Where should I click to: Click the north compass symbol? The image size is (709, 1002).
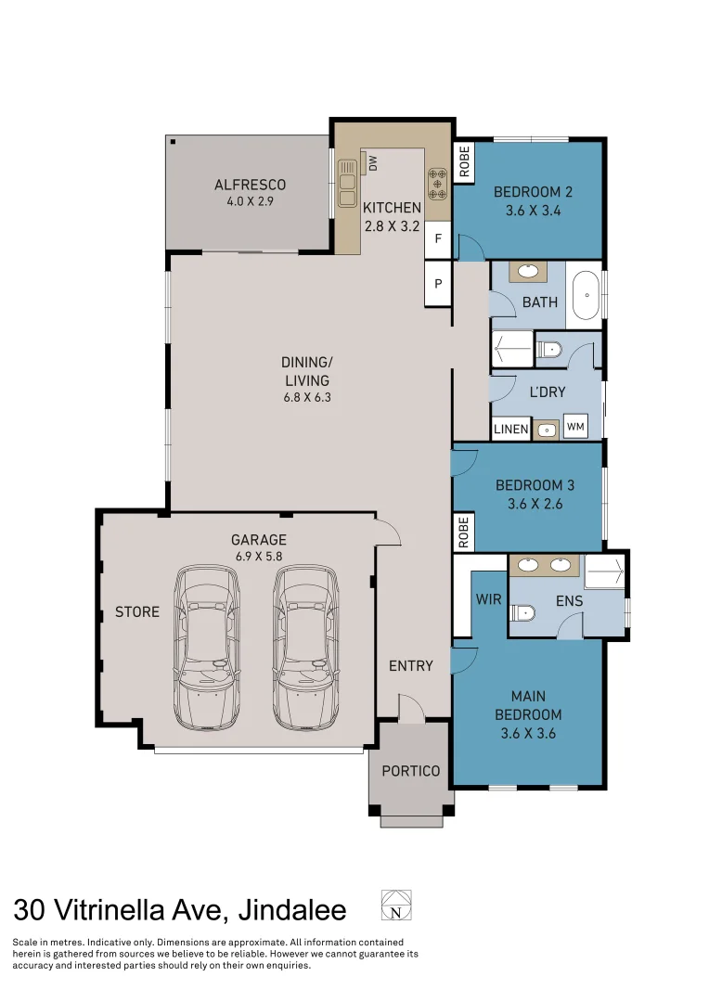pyautogui.click(x=396, y=905)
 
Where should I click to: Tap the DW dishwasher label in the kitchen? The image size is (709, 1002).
pyautogui.click(x=373, y=163)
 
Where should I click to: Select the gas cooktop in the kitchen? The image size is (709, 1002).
pyautogui.click(x=438, y=184)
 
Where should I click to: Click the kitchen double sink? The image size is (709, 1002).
pyautogui.click(x=347, y=183)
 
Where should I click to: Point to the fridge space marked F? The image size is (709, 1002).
pyautogui.click(x=439, y=239)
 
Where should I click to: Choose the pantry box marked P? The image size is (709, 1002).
pyautogui.click(x=439, y=283)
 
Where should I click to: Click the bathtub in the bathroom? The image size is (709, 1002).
pyautogui.click(x=586, y=296)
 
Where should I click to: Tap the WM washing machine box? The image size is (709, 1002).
pyautogui.click(x=575, y=426)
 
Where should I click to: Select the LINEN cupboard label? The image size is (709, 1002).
pyautogui.click(x=510, y=429)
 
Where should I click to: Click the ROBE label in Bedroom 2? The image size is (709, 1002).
pyautogui.click(x=464, y=161)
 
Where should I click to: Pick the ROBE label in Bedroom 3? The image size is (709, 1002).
pyautogui.click(x=463, y=532)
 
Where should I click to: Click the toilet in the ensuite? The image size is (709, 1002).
pyautogui.click(x=522, y=613)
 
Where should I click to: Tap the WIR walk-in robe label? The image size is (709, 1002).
pyautogui.click(x=488, y=599)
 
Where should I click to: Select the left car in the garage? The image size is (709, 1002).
pyautogui.click(x=207, y=648)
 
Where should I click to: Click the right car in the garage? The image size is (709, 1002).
pyautogui.click(x=305, y=647)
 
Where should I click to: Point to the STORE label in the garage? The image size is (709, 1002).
pyautogui.click(x=137, y=611)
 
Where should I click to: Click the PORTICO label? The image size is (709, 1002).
pyautogui.click(x=411, y=771)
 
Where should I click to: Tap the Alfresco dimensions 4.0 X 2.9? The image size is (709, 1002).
pyautogui.click(x=250, y=201)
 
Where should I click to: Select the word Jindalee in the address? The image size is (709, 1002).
pyautogui.click(x=292, y=911)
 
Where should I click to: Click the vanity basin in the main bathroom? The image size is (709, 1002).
pyautogui.click(x=528, y=271)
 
